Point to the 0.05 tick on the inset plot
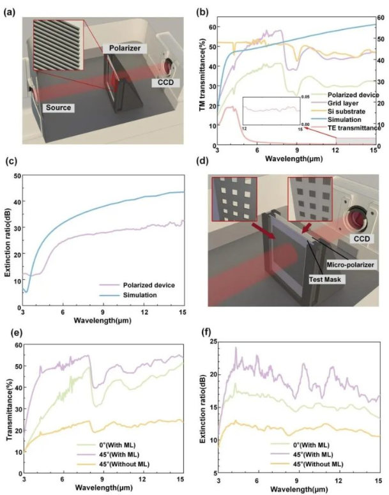tap(305, 96)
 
